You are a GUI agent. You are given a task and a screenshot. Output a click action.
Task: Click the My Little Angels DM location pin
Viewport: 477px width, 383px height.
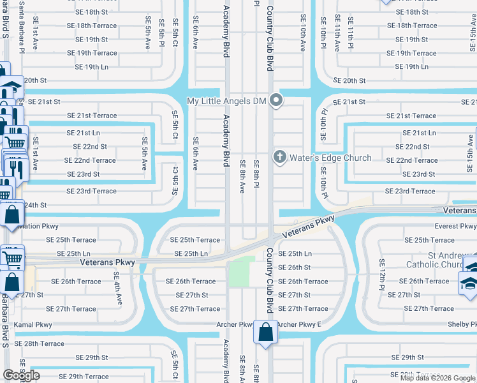coord(276,100)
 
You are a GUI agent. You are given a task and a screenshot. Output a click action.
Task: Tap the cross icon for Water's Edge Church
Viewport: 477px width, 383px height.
coord(279,157)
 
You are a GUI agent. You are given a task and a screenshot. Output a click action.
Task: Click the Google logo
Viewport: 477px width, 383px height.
coord(21,375)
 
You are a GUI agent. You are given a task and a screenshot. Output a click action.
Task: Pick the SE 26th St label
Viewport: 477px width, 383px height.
coord(294,267)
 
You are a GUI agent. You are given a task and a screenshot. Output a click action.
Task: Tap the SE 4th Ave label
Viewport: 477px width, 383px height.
coord(118,289)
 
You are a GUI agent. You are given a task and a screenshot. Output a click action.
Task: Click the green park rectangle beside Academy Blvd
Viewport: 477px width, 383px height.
coord(238,272)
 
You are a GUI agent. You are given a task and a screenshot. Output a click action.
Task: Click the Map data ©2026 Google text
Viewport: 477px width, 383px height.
coord(437,378)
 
